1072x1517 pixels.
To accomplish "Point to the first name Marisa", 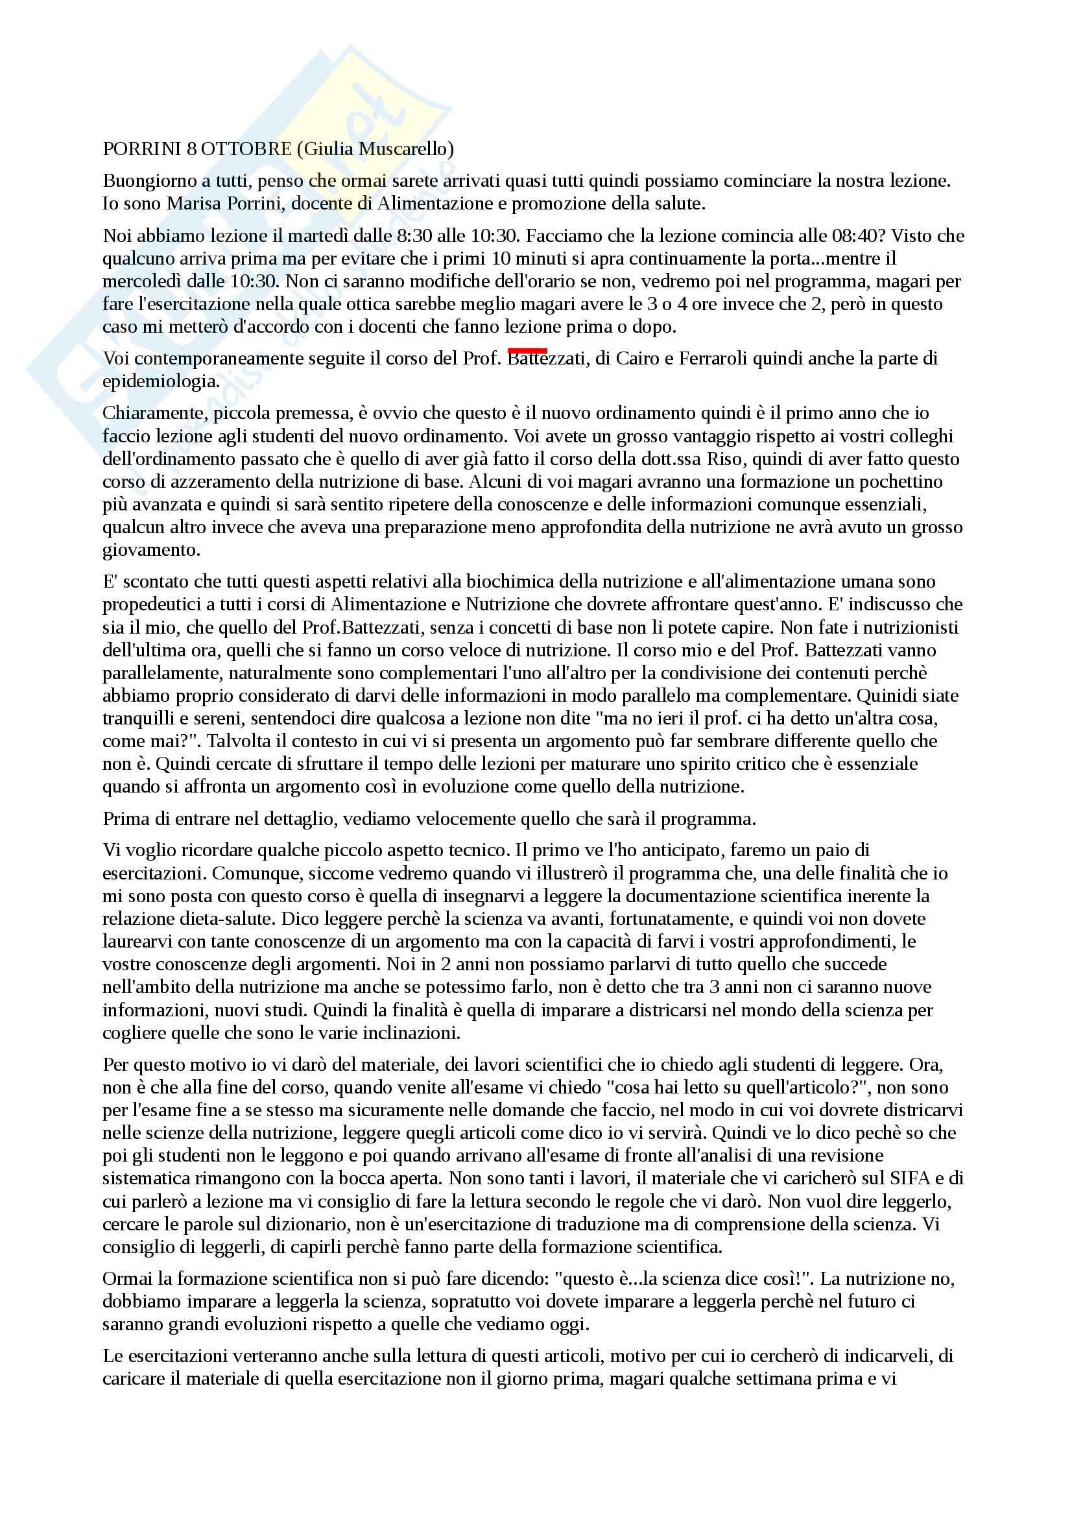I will [x=194, y=204].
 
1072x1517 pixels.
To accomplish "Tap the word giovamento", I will [x=151, y=550].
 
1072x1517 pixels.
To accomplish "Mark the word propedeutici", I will [x=154, y=604].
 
